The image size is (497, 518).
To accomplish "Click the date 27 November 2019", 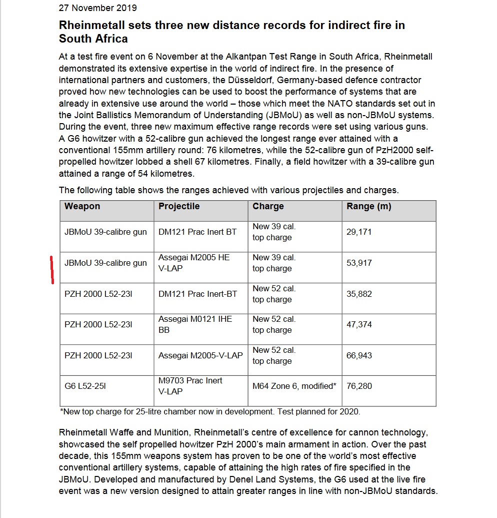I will (x=97, y=8).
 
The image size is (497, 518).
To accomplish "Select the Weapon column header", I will (x=82, y=206).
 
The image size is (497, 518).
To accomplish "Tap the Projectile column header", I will (x=179, y=206).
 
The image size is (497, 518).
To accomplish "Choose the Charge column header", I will (x=268, y=206).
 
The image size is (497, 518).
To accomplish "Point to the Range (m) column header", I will (x=368, y=206).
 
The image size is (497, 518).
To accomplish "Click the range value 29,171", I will (x=359, y=232).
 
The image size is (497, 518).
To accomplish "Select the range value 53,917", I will (x=359, y=263).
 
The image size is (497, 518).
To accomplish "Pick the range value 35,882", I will (x=359, y=294).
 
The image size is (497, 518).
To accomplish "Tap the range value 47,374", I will (x=359, y=325).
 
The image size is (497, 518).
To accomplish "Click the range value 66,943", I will (x=359, y=356).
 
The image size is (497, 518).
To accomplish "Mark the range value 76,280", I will (x=359, y=386).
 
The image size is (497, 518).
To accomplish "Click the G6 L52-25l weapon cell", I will (x=85, y=386).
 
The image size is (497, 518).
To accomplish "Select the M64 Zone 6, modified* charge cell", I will (x=294, y=386).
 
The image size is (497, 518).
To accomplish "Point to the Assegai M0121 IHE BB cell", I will (x=195, y=324).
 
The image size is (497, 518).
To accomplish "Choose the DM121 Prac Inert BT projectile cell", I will (x=197, y=232).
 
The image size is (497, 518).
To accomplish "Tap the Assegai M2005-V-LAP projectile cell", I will (x=200, y=356).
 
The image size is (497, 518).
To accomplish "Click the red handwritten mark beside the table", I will (x=52, y=270).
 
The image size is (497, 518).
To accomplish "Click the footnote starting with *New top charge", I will (x=209, y=412).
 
